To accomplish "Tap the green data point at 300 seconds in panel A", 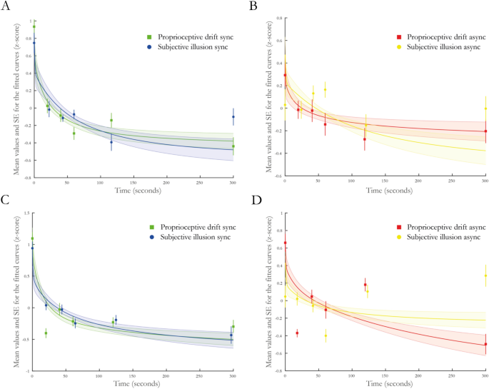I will pyautogui.click(x=233, y=146).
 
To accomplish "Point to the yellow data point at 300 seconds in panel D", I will pyautogui.click(x=485, y=276).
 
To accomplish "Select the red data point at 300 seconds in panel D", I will pyautogui.click(x=485, y=344).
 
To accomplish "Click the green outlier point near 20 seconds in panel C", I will pyautogui.click(x=46, y=333).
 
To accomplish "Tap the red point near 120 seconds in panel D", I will pyautogui.click(x=365, y=285).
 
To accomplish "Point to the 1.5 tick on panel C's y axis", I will pyautogui.click(x=26, y=213).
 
